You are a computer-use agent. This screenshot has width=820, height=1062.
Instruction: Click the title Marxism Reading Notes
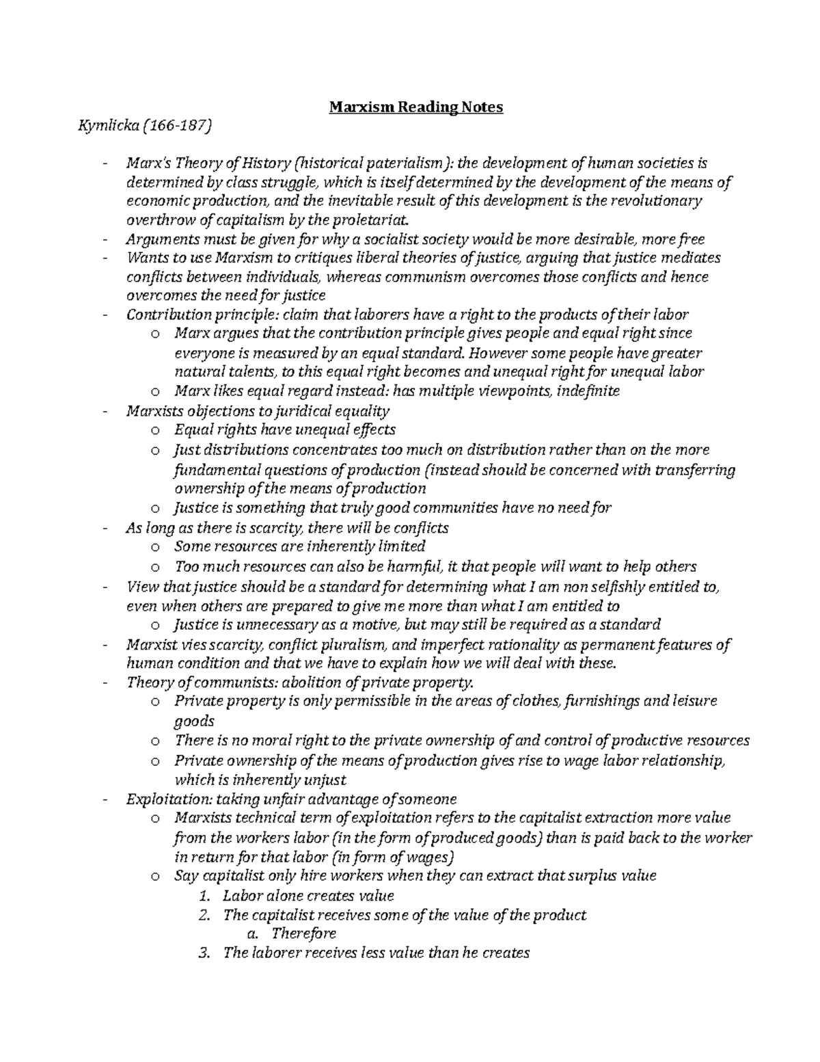coord(416,107)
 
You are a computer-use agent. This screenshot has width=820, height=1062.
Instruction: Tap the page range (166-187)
coord(176,126)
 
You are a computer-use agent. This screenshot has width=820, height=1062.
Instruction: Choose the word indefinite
coord(588,391)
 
